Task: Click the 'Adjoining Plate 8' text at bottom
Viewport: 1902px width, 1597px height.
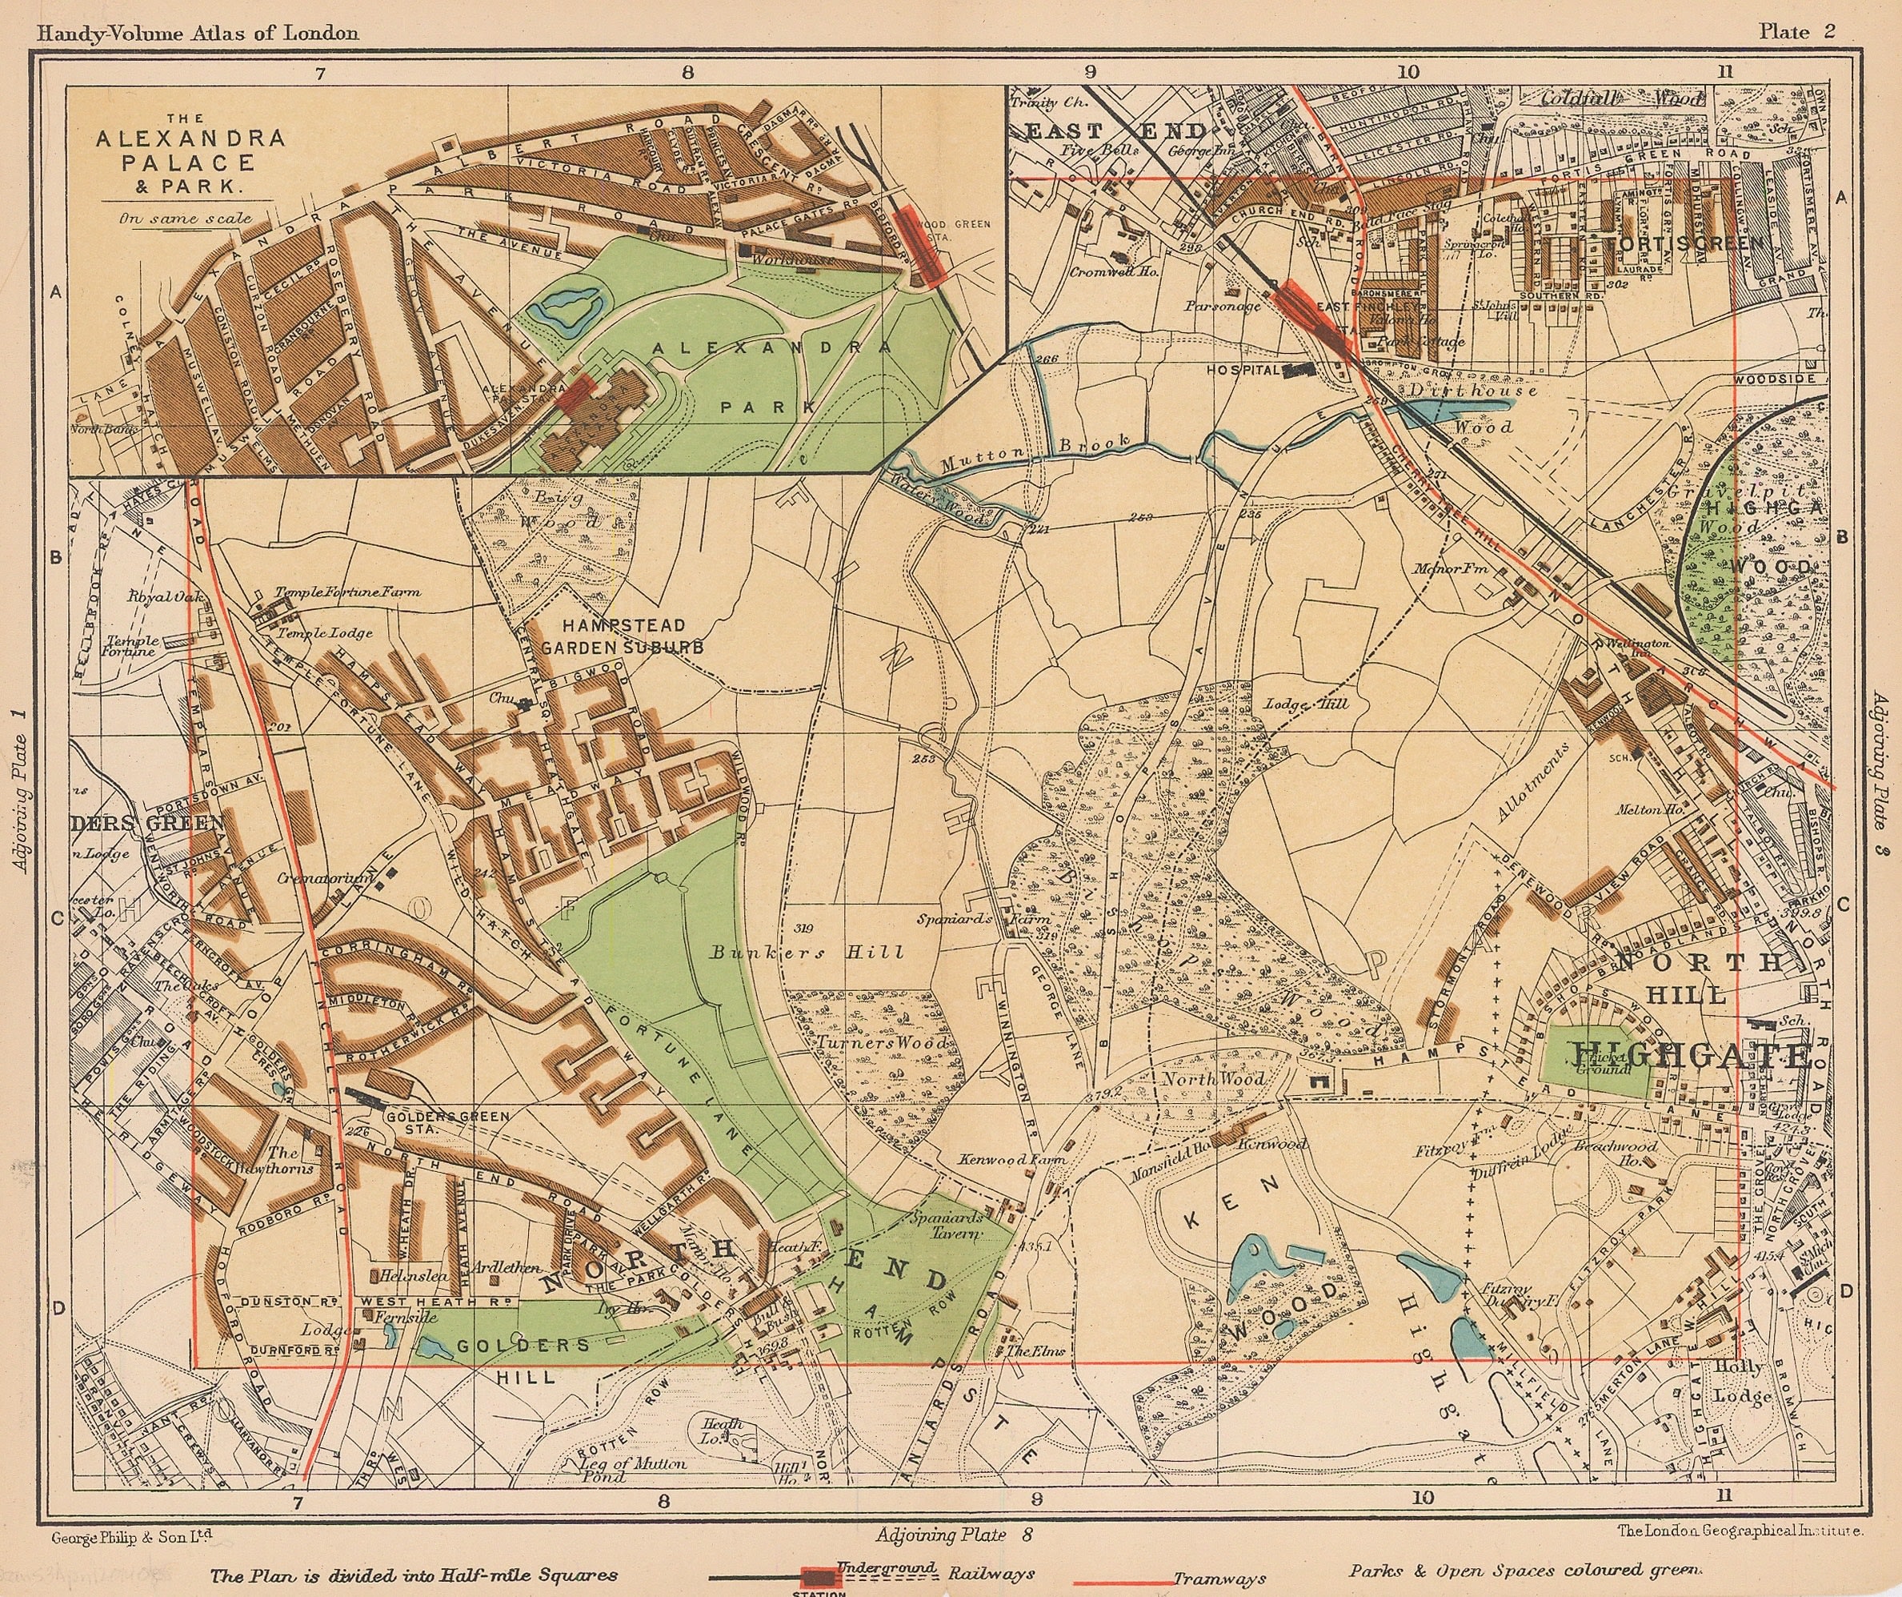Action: tap(954, 1535)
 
